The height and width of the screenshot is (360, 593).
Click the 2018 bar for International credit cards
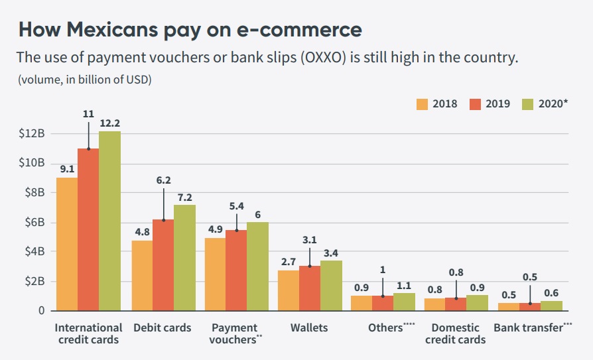point(67,244)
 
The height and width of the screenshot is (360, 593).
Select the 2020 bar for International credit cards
point(109,221)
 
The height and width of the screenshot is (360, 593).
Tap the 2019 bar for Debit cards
point(164,265)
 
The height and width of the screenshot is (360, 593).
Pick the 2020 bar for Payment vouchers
point(257,266)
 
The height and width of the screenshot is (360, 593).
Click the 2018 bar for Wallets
point(289,290)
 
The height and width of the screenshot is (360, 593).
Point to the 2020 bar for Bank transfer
point(551,306)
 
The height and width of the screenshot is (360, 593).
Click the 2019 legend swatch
point(474,104)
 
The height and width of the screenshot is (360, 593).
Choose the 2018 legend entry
point(436,104)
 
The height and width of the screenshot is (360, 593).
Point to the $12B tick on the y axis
point(33,133)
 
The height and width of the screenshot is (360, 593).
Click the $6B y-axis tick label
point(33,222)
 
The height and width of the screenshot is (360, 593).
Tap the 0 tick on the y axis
point(41,310)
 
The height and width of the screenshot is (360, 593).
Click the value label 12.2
point(110,123)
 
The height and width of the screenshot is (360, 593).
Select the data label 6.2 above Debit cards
point(163,180)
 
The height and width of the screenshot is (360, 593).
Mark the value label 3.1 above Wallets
point(309,240)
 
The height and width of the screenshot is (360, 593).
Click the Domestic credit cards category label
point(455,333)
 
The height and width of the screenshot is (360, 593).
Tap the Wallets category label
point(309,328)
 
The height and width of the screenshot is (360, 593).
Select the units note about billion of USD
point(84,80)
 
